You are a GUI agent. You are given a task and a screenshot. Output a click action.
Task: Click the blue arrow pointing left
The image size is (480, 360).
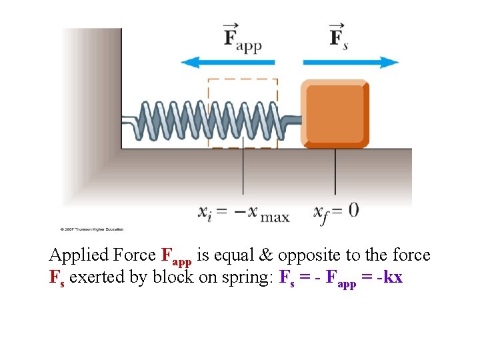227,63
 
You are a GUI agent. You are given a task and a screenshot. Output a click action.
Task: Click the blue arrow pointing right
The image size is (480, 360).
351,63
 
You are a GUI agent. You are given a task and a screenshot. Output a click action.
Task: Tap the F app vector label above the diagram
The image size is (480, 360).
242,38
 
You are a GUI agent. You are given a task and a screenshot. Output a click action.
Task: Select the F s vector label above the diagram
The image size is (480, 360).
339,37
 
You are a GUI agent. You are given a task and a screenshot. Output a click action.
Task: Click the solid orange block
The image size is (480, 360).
335,114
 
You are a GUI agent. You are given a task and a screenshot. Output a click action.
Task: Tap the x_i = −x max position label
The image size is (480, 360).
243,213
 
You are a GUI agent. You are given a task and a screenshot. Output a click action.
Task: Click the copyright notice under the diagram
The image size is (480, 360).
92,229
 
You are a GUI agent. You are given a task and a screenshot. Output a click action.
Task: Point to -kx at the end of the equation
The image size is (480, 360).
389,277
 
